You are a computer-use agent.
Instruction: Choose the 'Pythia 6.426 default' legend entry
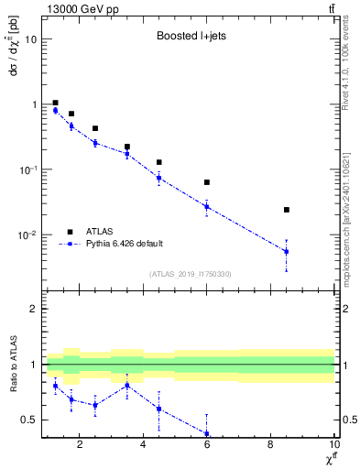[123, 244]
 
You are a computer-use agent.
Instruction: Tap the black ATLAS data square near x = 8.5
[287, 210]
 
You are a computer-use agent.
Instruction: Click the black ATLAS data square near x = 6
[207, 182]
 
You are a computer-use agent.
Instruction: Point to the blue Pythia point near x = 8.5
[287, 251]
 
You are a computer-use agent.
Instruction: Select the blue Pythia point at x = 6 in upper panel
[207, 206]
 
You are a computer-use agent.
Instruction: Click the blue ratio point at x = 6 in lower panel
[207, 434]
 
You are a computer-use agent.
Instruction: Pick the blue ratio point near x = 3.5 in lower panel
[127, 386]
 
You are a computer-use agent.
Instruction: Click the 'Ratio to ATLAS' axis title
[12, 367]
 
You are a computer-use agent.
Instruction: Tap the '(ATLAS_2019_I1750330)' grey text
[190, 274]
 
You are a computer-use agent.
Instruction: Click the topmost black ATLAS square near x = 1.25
[56, 104]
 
